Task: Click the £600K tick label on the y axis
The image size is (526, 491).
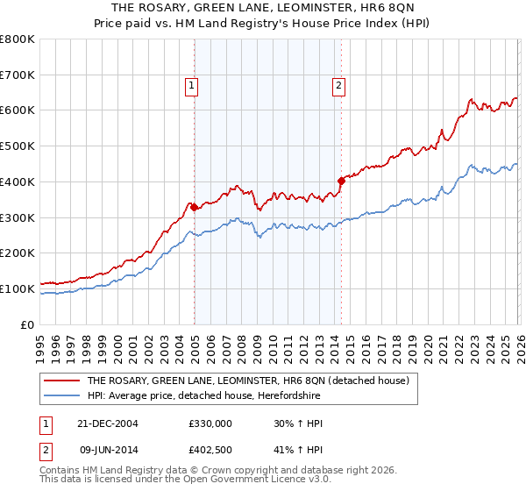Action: (x=18, y=110)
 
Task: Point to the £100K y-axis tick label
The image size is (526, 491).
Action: (x=18, y=288)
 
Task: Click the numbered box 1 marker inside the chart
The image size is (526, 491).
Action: (x=191, y=85)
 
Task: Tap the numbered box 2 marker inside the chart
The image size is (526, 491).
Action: (x=338, y=85)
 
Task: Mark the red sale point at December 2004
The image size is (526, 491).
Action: (x=194, y=208)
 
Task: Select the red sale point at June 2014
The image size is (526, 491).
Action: (x=341, y=181)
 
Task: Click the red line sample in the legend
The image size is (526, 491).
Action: (x=62, y=381)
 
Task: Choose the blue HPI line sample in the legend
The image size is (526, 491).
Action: (x=62, y=395)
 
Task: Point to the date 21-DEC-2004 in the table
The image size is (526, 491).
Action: (x=108, y=423)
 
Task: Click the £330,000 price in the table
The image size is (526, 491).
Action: (x=210, y=423)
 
